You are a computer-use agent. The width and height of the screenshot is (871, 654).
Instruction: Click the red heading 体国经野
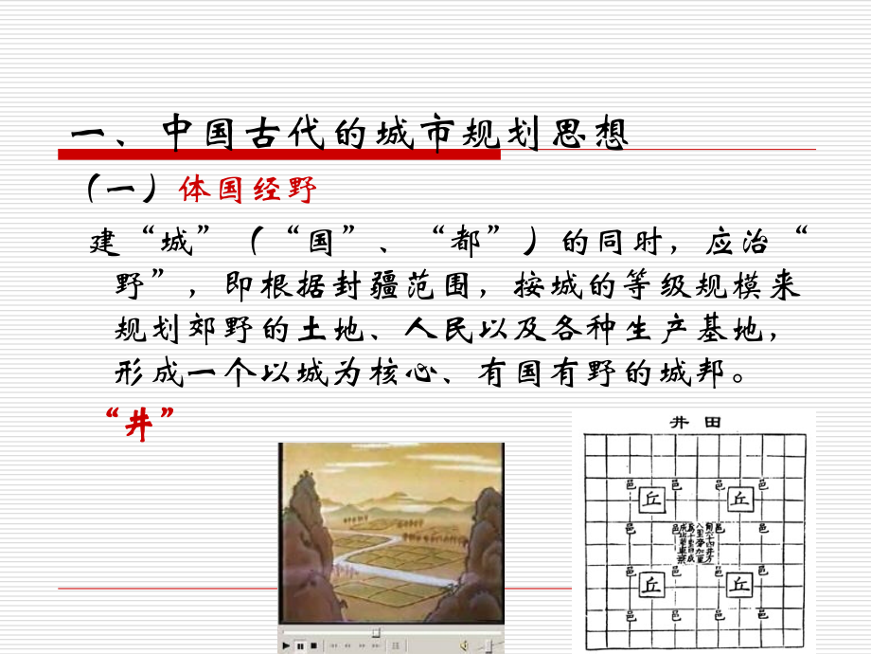pos(247,190)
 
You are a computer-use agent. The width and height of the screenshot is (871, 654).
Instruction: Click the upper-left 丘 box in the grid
pos(652,500)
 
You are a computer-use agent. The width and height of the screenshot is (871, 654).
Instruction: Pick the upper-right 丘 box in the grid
pos(740,500)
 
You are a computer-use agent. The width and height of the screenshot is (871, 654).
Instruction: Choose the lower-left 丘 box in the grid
pos(652,584)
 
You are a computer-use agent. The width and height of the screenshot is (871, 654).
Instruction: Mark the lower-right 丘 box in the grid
pos(740,584)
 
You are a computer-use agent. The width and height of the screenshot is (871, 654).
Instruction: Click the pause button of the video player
pos(300,646)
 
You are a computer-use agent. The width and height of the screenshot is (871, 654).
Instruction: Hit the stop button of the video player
pos(313,646)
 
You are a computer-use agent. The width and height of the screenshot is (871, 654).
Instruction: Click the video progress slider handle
pos(377,632)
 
